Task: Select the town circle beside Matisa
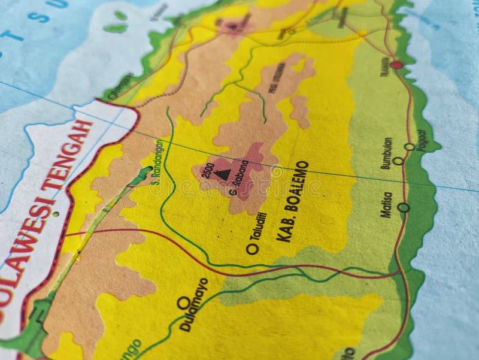404,208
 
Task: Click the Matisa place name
387,204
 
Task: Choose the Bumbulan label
387,153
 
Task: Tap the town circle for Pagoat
409,147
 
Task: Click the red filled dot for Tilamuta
396,64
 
